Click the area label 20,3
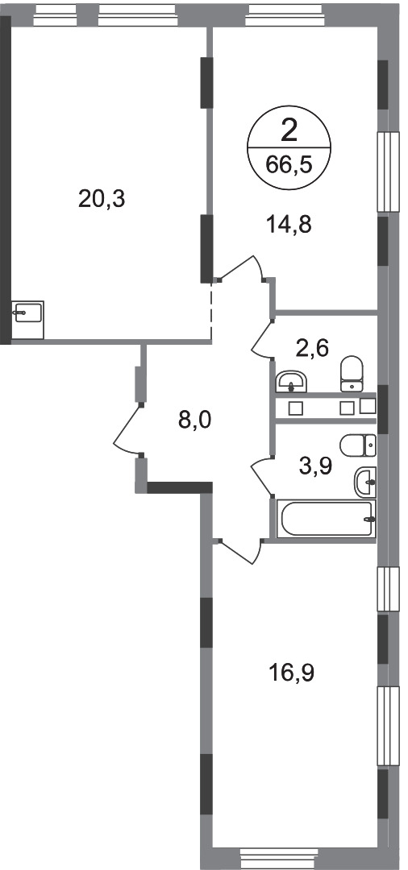[x=103, y=198]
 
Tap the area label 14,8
[x=289, y=224]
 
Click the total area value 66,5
[x=288, y=166]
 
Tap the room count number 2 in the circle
[x=289, y=129]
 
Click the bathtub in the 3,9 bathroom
[x=326, y=518]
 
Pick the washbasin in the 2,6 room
[x=291, y=379]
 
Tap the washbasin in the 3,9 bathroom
[x=364, y=483]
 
